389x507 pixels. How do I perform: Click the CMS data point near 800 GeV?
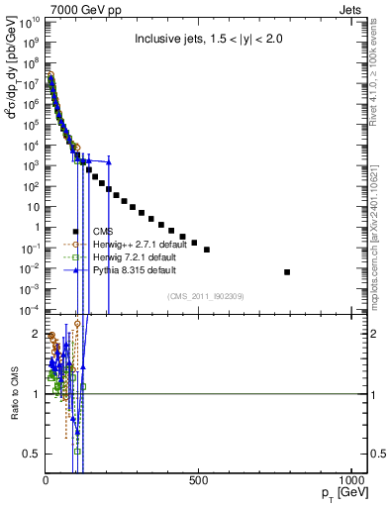pos(287,271)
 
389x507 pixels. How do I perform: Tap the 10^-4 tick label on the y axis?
pos(28,310)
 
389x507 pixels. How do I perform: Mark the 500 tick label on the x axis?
pos(198,481)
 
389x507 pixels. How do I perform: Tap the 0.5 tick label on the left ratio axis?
pos(32,454)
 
